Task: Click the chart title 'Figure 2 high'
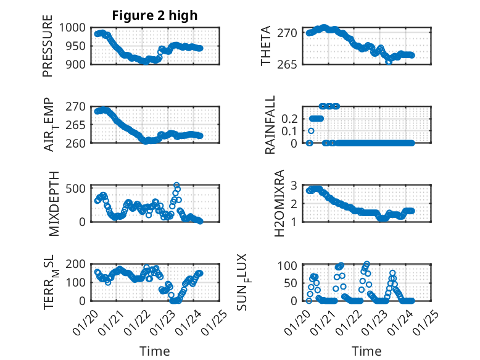click(155, 15)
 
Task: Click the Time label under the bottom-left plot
click(155, 351)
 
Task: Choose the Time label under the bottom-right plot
click(366, 351)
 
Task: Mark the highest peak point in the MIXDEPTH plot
click(177, 185)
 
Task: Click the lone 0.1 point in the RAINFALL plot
click(311, 131)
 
